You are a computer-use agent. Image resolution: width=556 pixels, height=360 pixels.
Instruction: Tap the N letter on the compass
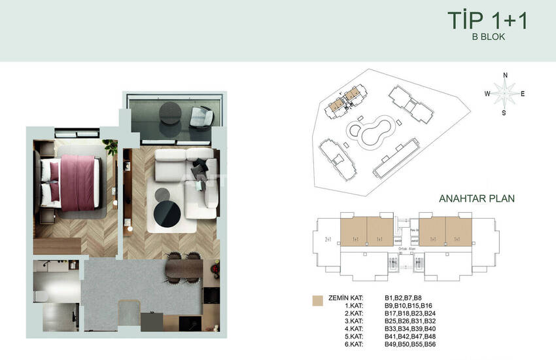[x=505, y=75]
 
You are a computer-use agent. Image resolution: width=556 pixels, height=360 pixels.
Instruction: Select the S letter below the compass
[x=504, y=113]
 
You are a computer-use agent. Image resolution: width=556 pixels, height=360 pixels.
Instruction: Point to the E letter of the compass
[x=523, y=94]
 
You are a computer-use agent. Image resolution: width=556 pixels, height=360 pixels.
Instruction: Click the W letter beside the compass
[x=487, y=94]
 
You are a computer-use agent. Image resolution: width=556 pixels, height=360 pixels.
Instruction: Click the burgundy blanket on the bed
[x=78, y=181]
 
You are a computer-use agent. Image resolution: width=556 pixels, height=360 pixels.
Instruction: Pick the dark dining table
[x=185, y=268]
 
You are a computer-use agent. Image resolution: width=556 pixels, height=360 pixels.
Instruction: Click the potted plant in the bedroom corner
[x=111, y=147]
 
